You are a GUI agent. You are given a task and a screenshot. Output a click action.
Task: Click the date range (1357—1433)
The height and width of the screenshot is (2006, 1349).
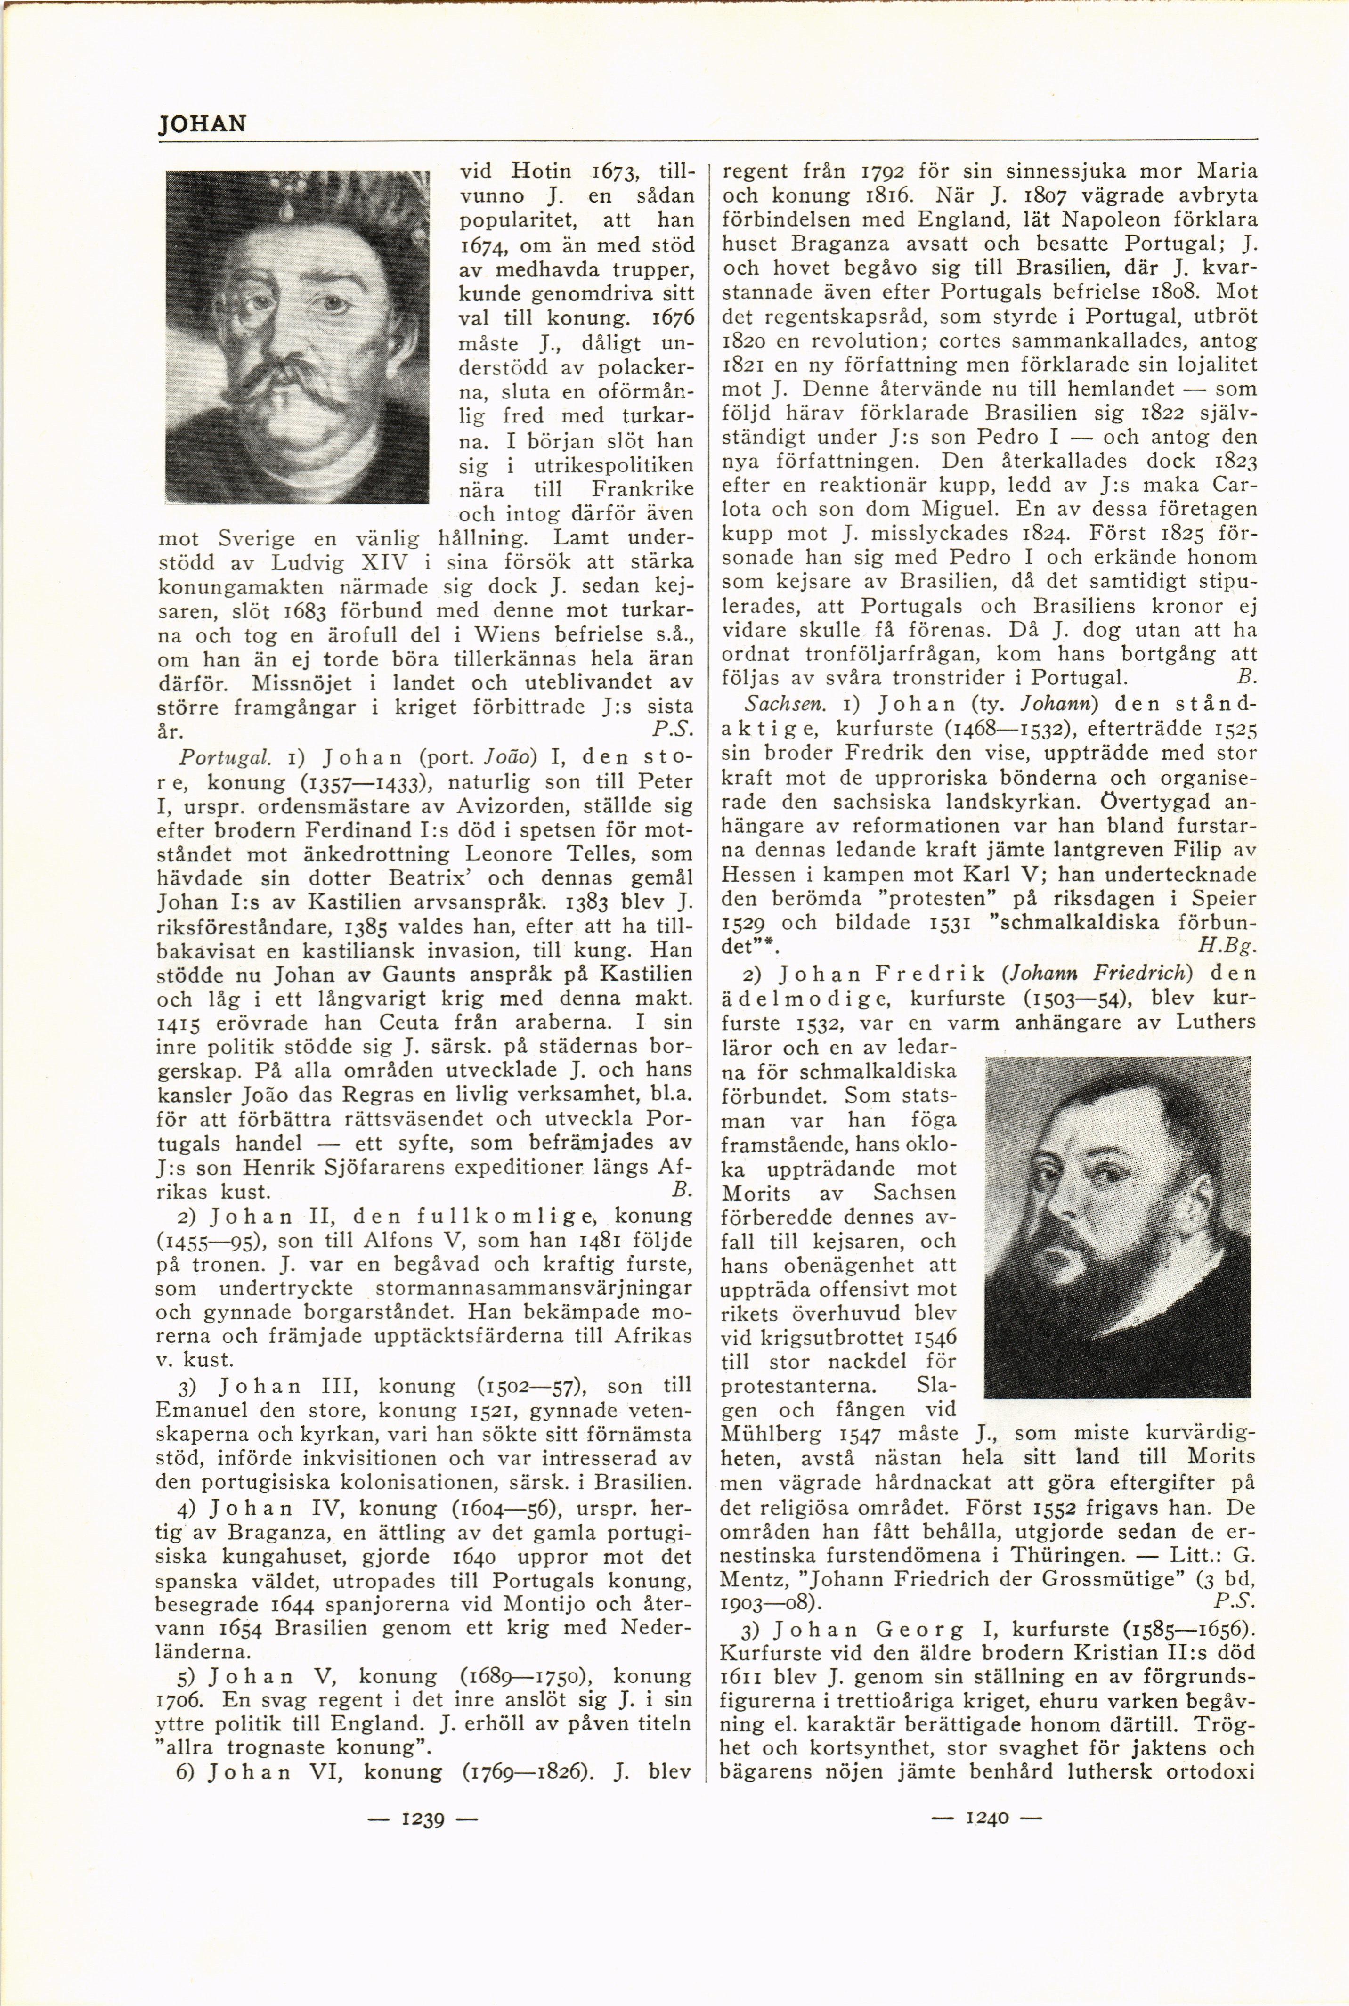pyautogui.click(x=381, y=783)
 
